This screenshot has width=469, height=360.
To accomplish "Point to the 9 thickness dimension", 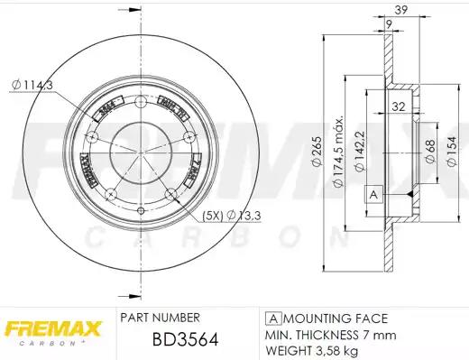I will point(386,24).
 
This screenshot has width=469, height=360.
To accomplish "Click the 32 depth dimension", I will point(397,106).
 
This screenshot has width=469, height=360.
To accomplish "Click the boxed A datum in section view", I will point(372,194).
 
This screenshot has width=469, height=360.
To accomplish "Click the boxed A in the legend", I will point(271,319).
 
